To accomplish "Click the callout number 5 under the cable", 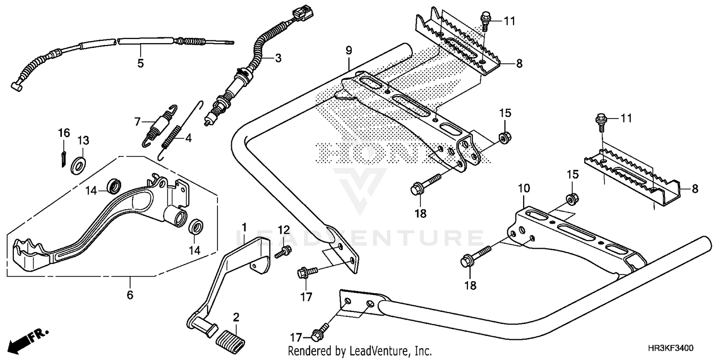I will coord(141,63).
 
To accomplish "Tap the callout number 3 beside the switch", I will coord(278,59).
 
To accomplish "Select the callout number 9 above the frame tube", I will coord(348,50).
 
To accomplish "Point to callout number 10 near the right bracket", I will coord(524,188).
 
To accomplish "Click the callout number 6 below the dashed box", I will coord(130,295).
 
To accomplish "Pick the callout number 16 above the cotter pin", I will coord(64,132).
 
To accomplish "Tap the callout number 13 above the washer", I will coord(84,141).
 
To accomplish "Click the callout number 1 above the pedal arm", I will coord(244,226).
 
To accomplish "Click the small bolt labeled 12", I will coord(283,251).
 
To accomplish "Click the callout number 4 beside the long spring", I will coord(188,138).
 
